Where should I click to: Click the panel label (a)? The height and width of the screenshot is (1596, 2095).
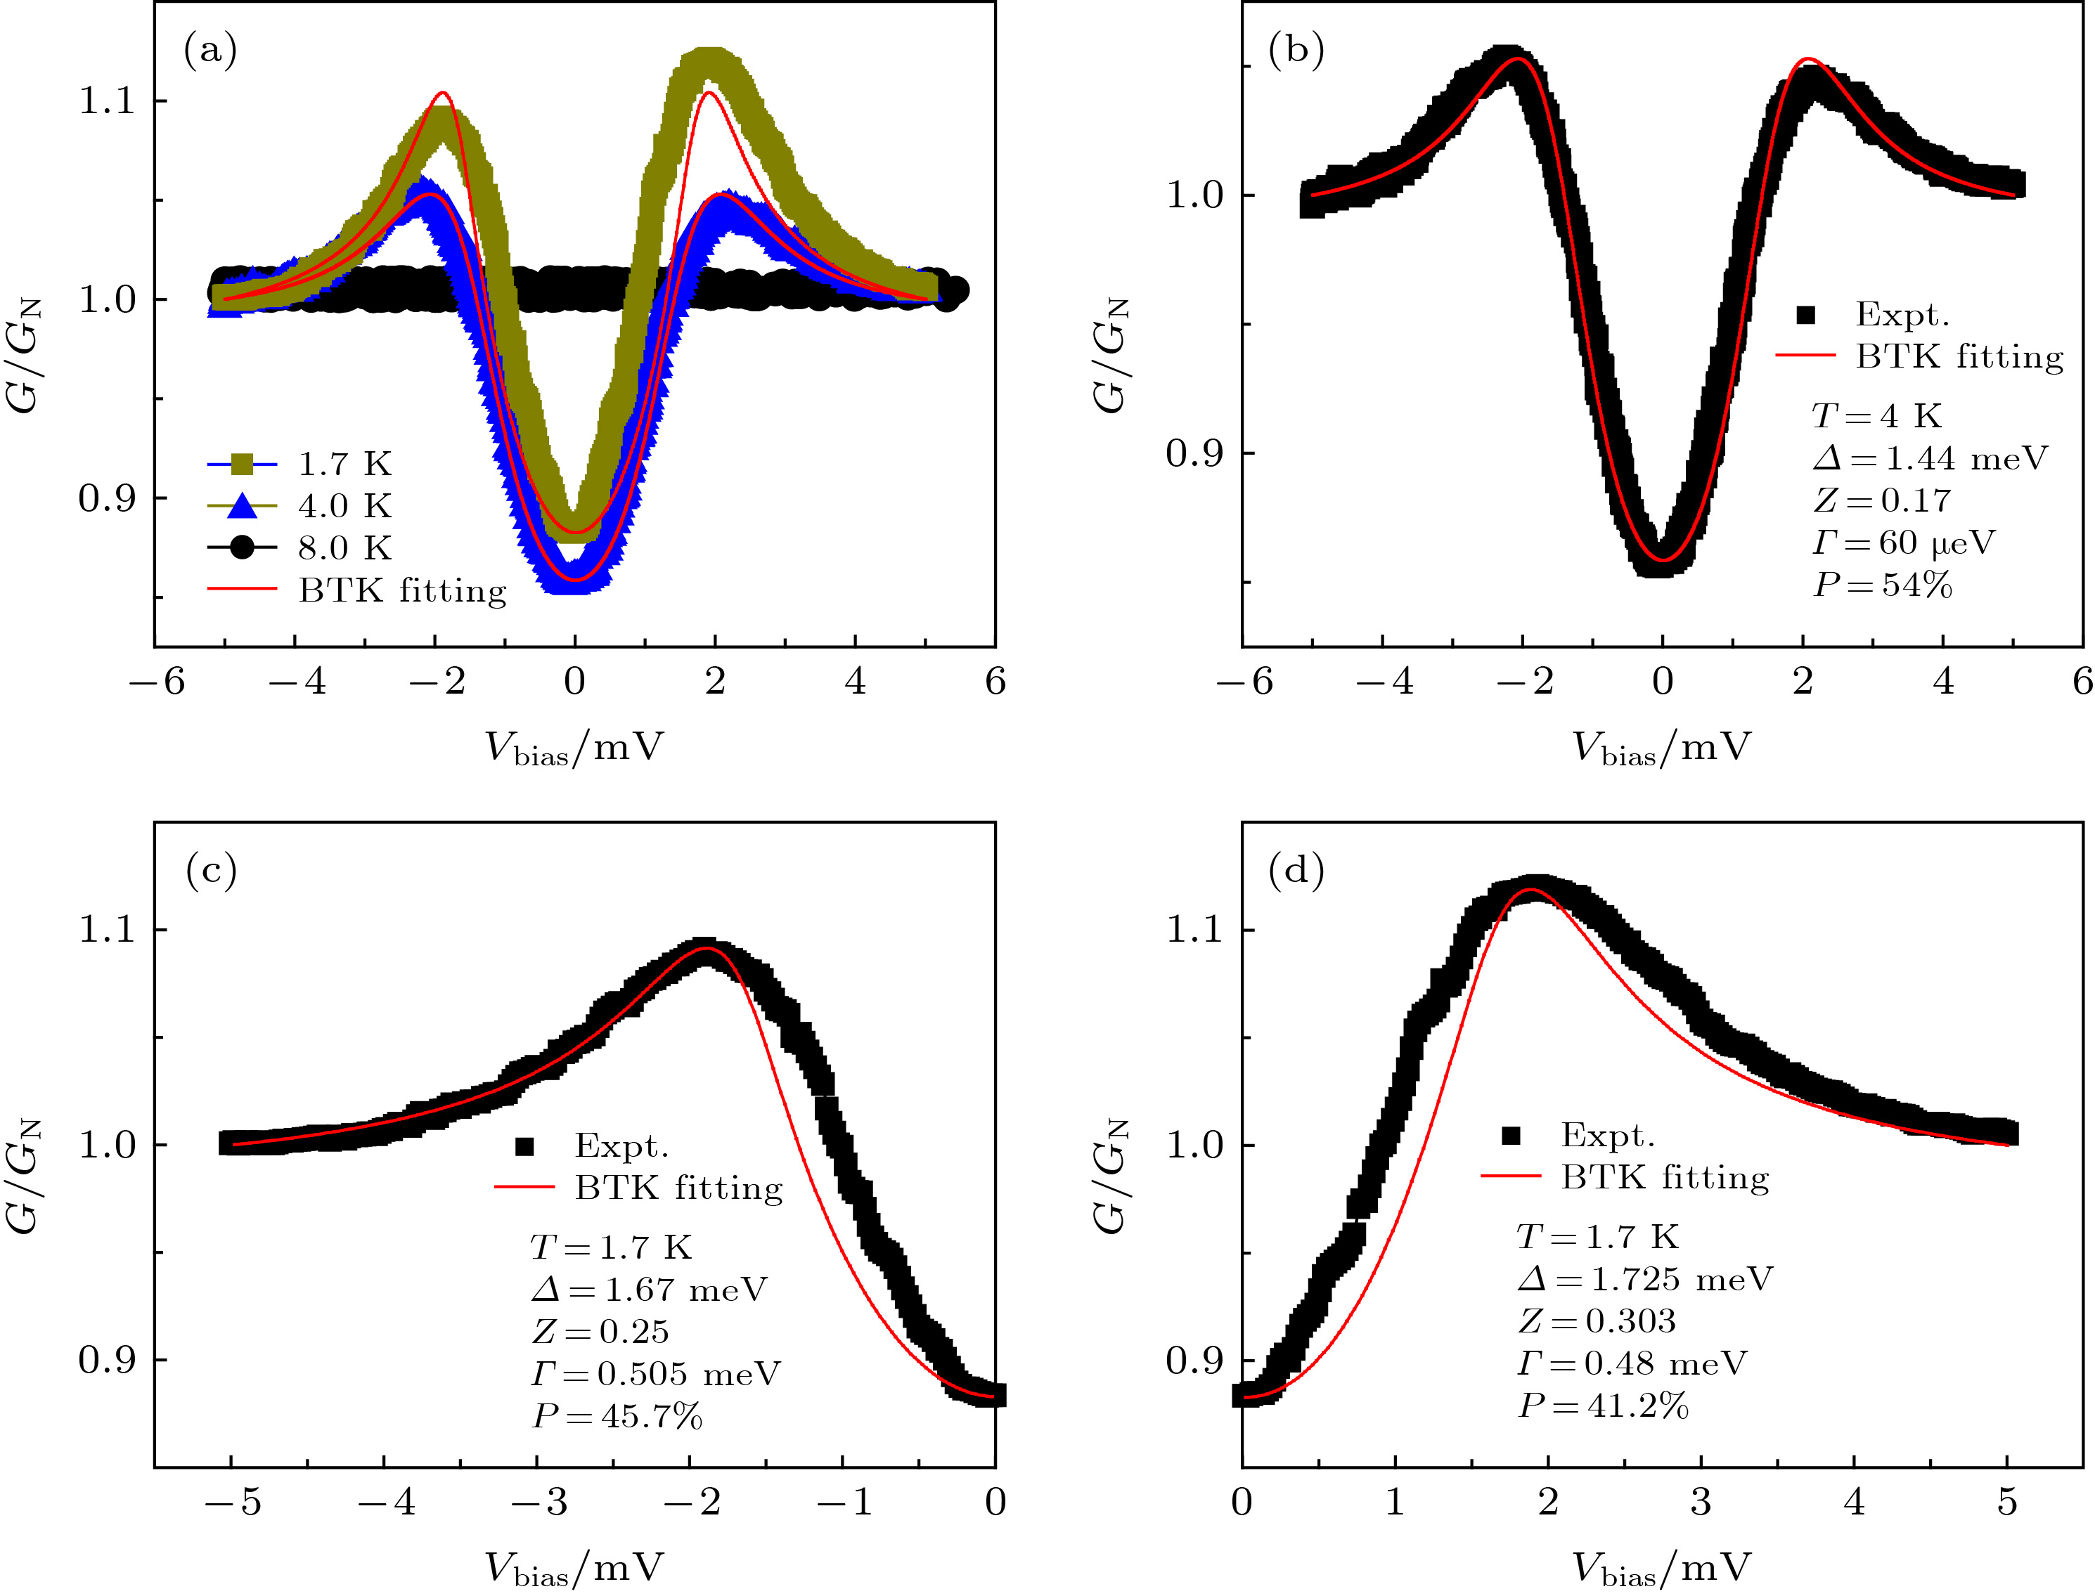[x=210, y=49]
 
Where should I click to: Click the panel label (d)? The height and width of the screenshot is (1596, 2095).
[x=1296, y=870]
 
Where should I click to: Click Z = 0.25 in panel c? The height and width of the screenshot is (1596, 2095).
[x=600, y=1332]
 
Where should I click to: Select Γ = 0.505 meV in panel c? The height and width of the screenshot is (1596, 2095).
[x=656, y=1374]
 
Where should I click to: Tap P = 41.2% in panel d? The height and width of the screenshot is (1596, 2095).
[x=1603, y=1405]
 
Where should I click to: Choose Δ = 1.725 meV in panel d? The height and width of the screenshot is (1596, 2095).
[x=1644, y=1279]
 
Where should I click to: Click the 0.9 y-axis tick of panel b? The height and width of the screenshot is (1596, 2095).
[x=1195, y=453]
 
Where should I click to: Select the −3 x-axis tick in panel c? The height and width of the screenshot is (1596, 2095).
[x=538, y=1502]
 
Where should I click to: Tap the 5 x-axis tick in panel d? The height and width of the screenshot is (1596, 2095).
[x=2006, y=1502]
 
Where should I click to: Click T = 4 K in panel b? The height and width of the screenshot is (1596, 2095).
[x=1876, y=416]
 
